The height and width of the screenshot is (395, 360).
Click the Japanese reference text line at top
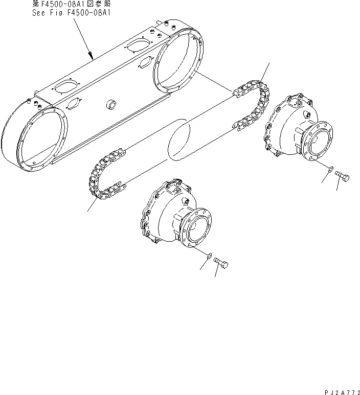(x=72, y=4)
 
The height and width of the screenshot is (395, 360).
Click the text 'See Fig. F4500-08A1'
(x=72, y=13)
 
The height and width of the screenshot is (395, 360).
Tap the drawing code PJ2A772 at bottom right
(x=342, y=392)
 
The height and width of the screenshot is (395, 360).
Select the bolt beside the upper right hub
(x=342, y=176)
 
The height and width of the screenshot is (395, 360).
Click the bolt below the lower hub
(x=221, y=262)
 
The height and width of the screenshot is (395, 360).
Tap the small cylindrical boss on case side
(x=111, y=104)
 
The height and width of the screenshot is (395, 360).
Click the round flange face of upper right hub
(x=318, y=143)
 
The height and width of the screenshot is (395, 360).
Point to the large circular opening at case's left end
(x=42, y=140)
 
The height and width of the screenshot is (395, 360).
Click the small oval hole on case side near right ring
(x=145, y=62)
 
